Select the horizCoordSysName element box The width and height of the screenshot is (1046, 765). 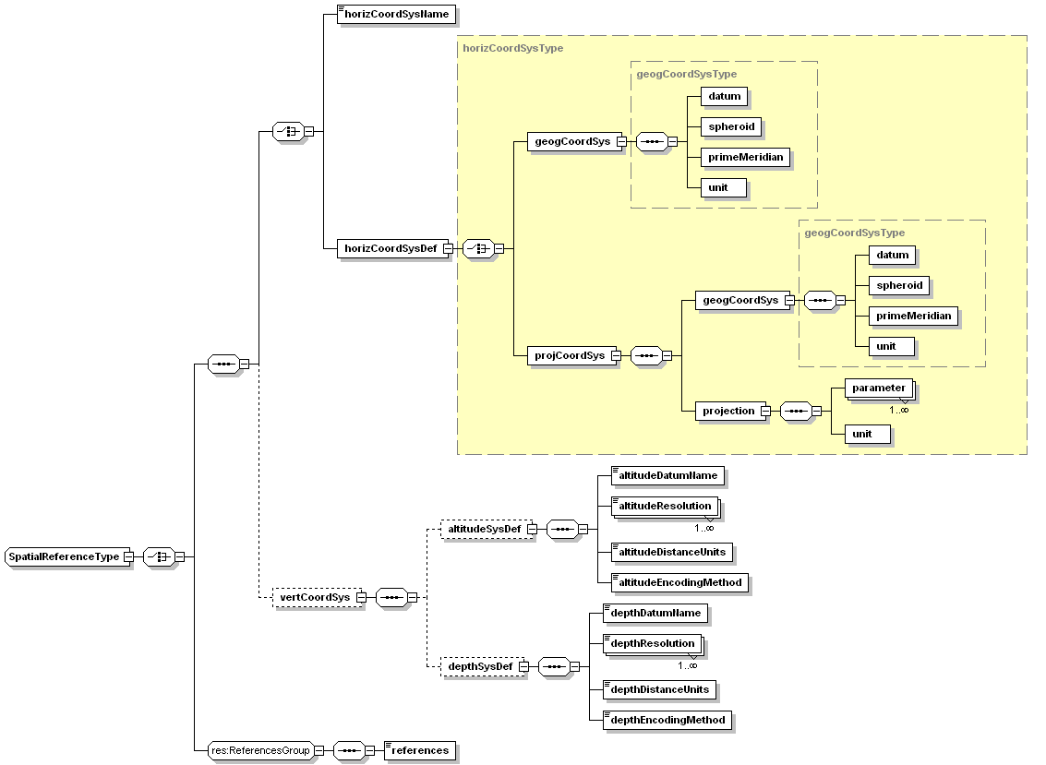point(396,15)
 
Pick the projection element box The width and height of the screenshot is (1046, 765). point(728,411)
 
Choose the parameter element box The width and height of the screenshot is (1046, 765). point(878,388)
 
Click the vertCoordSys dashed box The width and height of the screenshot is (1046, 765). point(315,597)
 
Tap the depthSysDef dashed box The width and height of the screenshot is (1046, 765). point(481,665)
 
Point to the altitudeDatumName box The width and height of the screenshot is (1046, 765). point(667,475)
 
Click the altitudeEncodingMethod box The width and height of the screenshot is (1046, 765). point(679,582)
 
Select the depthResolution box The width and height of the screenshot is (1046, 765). point(651,643)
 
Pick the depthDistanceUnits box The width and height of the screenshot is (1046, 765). point(658,689)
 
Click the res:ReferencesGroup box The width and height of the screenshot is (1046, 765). point(260,750)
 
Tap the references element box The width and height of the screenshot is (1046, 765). point(419,750)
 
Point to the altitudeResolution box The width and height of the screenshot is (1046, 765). point(664,506)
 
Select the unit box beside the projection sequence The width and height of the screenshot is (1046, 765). point(867,434)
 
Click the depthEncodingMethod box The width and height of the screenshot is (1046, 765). point(667,720)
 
